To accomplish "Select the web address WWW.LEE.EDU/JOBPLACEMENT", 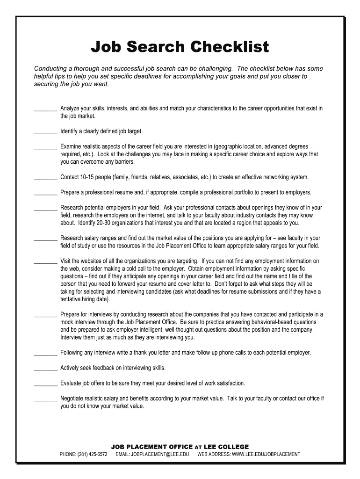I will pyautogui.click(x=249, y=454).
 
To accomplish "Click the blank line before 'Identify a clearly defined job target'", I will pyautogui.click(x=45, y=132).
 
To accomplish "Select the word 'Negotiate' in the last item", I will pyautogui.click(x=73, y=399).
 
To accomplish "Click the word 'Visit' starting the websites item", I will pyautogui.click(x=66, y=261).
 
